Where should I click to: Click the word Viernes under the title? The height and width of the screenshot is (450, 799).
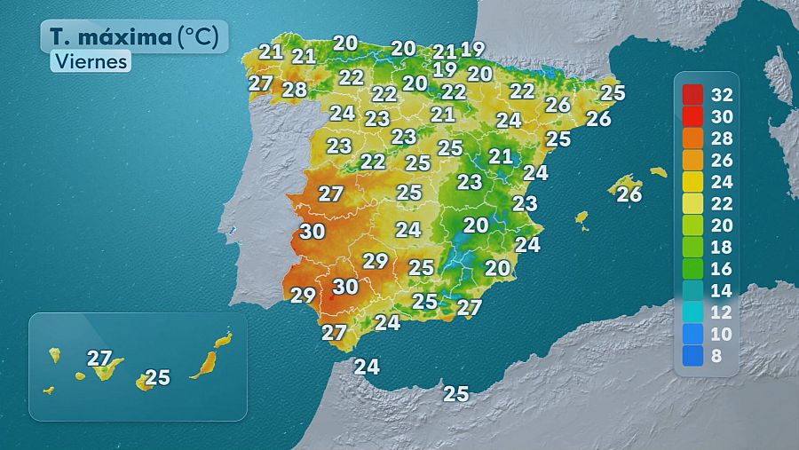click(90, 61)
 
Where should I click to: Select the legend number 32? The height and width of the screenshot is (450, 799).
click(722, 95)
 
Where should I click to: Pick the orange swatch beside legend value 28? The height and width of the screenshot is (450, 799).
click(692, 138)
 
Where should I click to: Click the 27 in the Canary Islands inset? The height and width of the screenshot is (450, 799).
click(99, 359)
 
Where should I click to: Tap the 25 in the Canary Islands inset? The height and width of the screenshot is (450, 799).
click(157, 377)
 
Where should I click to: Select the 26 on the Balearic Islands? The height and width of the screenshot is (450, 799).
click(629, 193)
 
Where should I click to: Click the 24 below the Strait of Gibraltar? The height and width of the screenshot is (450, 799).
click(367, 366)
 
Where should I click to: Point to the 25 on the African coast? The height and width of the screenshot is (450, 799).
click(455, 393)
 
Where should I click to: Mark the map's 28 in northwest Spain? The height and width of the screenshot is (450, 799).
click(294, 90)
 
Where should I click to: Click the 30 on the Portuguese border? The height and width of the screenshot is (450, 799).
click(312, 232)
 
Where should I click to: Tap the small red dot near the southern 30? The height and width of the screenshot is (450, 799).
click(331, 297)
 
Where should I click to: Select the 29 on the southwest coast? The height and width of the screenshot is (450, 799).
click(303, 296)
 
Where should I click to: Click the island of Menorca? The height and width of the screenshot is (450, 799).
click(658, 171)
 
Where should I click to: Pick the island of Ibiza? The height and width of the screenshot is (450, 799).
click(582, 217)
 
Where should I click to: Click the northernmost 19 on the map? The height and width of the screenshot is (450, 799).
click(472, 50)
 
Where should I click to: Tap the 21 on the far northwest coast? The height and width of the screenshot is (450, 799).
click(271, 51)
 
